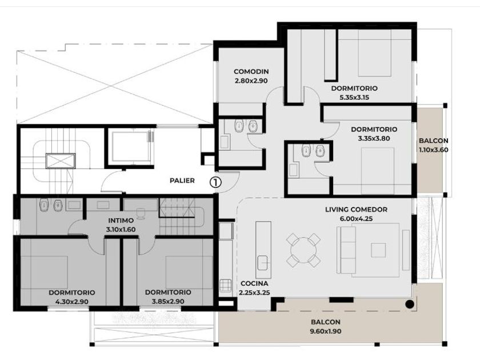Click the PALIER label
pyautogui.click(x=182, y=181)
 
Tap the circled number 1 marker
pyautogui.click(x=215, y=182)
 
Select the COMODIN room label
pyautogui.click(x=251, y=71)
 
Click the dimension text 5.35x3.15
pyautogui.click(x=354, y=98)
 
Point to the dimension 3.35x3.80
pyautogui.click(x=374, y=138)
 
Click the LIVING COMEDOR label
pyautogui.click(x=356, y=210)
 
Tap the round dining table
pyautogui.click(x=303, y=250)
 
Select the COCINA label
pyautogui.click(x=254, y=283)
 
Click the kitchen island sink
pyautogui.click(x=263, y=263)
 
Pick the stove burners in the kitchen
pyautogui.click(x=225, y=285)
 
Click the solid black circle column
pyautogui.click(x=410, y=304)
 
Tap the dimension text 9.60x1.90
pyautogui.click(x=326, y=331)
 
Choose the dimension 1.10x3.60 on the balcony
pyautogui.click(x=434, y=150)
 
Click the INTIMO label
pyautogui.click(x=121, y=221)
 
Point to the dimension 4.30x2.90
pyautogui.click(x=72, y=302)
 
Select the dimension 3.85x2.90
pyautogui.click(x=168, y=302)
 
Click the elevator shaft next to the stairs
pyautogui.click(x=129, y=146)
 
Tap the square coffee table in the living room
pyautogui.click(x=378, y=250)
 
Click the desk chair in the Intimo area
pyautogui.click(x=141, y=213)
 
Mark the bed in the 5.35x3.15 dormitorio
pyautogui.click(x=375, y=53)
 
